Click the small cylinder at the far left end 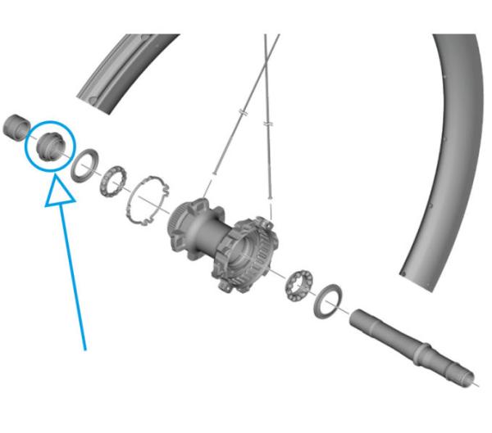(x=16, y=128)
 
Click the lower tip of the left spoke (x=214, y=172)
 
